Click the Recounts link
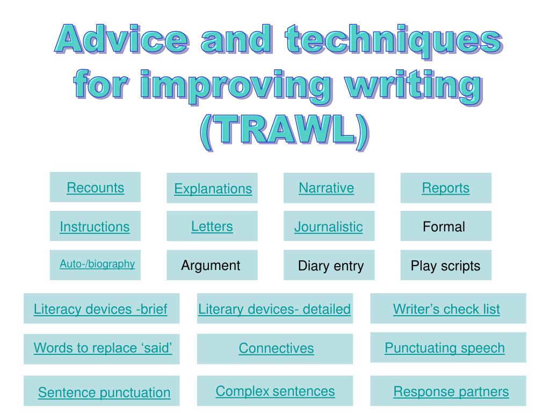coord(96,188)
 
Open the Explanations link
coord(213,189)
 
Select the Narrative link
coord(326,188)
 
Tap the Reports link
coord(445,188)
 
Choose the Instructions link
coord(95,226)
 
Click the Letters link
coord(212,226)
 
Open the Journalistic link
coord(328,226)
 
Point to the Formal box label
coord(444,226)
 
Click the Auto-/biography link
coord(97,264)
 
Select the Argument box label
coord(211,265)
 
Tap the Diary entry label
coord(331,266)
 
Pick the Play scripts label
coord(445,266)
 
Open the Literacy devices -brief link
coord(100,309)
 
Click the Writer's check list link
coord(446,309)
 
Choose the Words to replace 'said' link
coord(103,348)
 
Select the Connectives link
coord(276,348)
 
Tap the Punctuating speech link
coord(445,348)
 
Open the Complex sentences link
coord(275,391)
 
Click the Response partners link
coord(451,391)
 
